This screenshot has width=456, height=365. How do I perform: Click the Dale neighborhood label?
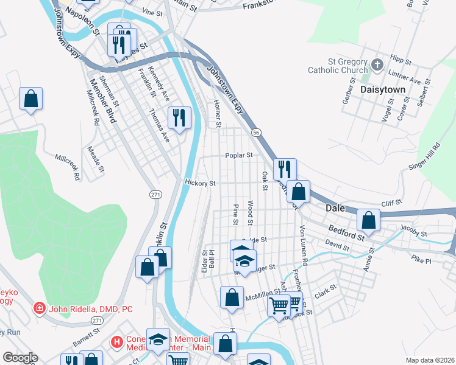click(335, 207)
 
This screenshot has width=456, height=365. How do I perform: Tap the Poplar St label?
click(239, 155)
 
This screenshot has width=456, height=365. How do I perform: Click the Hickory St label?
click(200, 182)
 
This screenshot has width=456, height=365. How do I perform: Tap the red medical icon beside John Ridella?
click(40, 309)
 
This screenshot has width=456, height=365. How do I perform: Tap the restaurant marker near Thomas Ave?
click(179, 118)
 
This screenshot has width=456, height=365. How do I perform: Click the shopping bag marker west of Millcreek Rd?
click(30, 100)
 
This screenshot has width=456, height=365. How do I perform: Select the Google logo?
click(20, 358)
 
